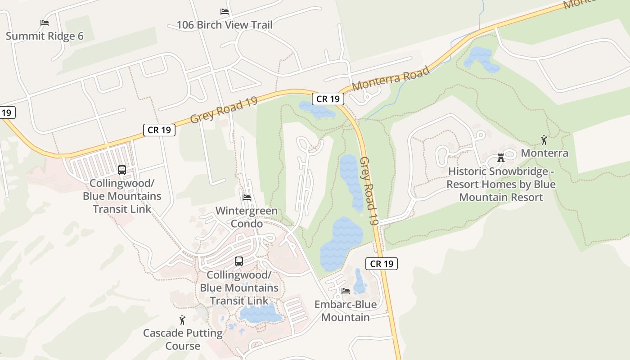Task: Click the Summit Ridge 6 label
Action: [45, 36]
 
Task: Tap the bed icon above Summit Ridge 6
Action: [44, 22]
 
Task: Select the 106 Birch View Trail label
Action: [224, 25]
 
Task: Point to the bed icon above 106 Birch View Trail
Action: [224, 12]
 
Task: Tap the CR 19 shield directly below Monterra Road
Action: [328, 99]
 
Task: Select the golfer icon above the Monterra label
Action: [544, 140]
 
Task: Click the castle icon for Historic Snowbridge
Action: [500, 158]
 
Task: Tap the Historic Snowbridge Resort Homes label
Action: [501, 184]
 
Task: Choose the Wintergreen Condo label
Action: [247, 217]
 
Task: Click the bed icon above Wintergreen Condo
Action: [247, 197]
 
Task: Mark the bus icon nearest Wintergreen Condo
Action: [239, 261]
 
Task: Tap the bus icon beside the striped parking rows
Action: [122, 170]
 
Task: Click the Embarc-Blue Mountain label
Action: [345, 310]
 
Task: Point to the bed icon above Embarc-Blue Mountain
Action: [346, 291]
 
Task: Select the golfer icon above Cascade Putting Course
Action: [182, 320]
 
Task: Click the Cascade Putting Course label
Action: [183, 339]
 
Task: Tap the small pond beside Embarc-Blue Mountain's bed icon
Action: [360, 282]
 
